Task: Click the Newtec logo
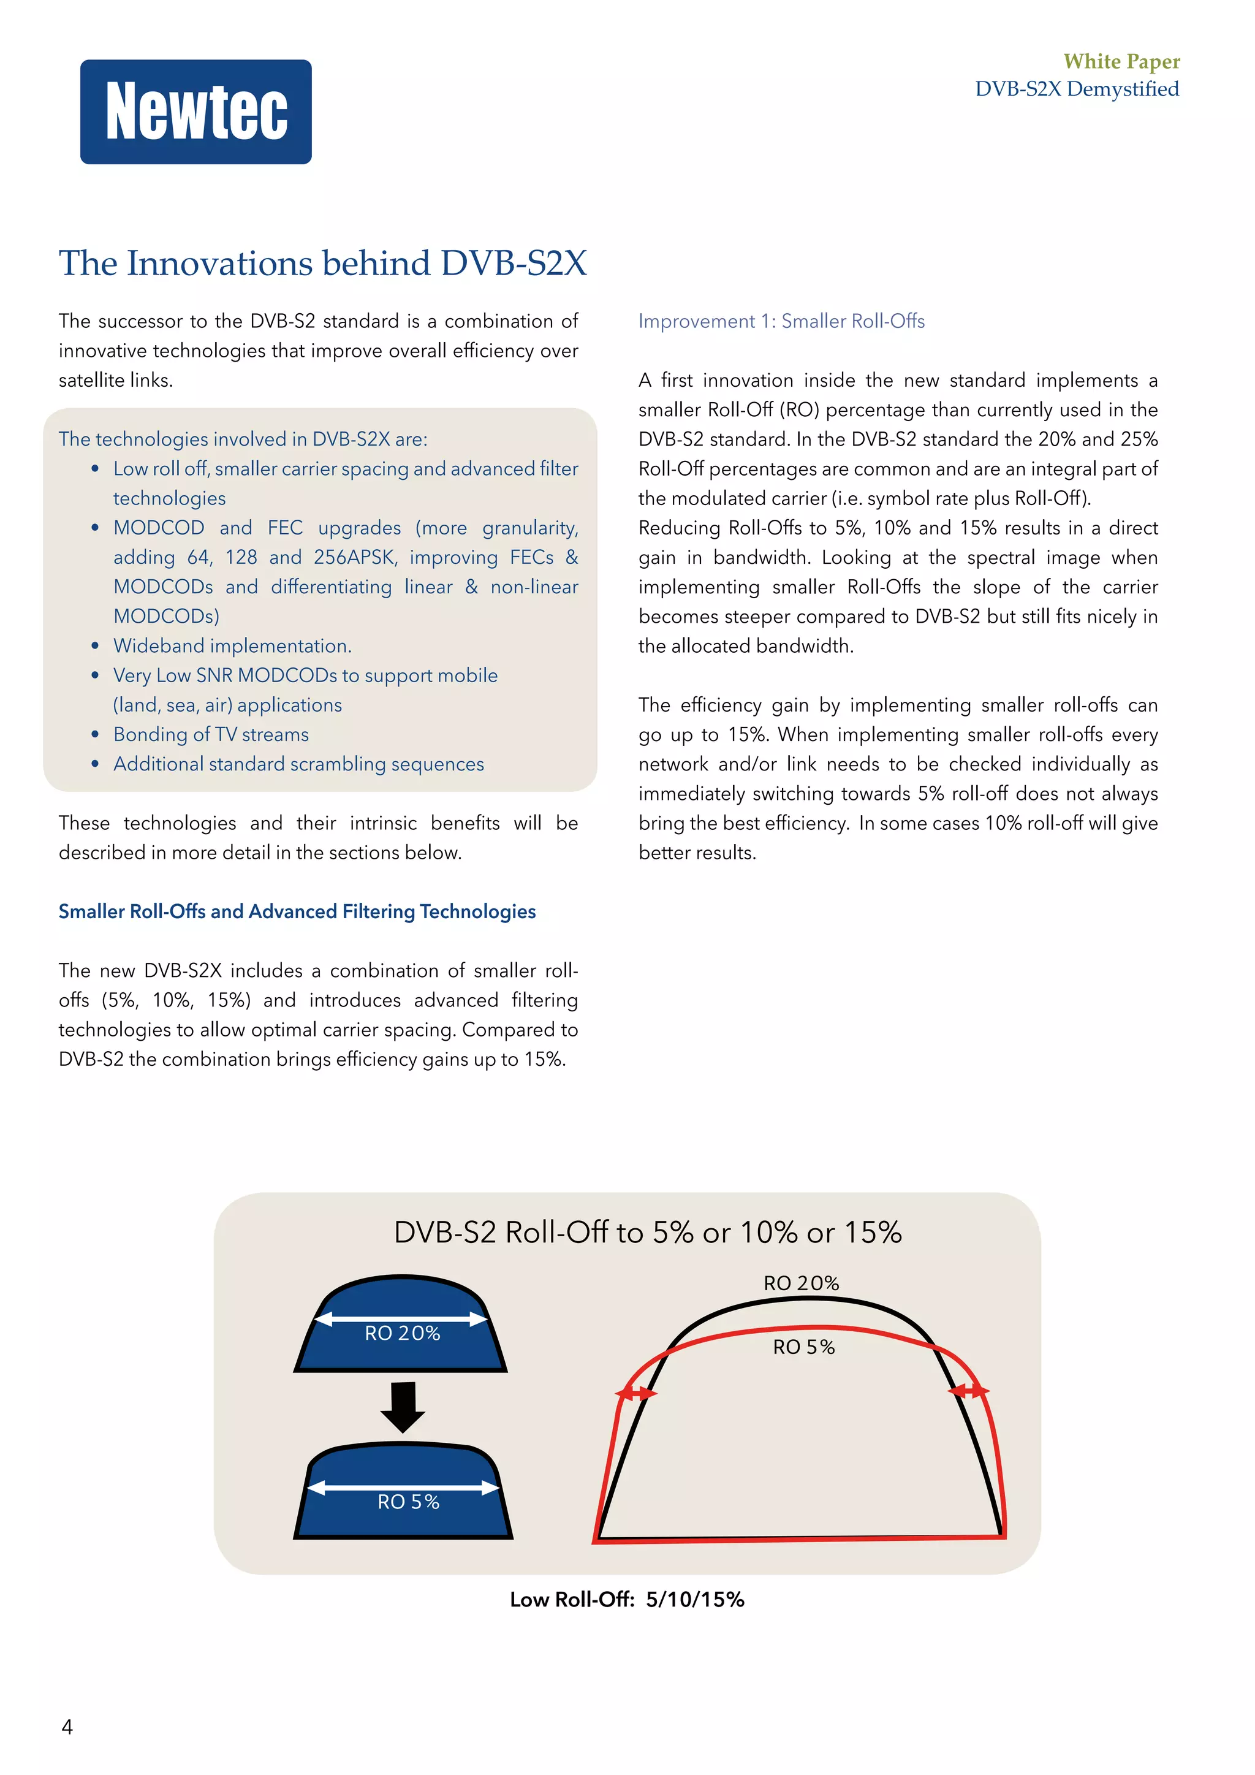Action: point(196,112)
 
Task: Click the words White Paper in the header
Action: point(1121,61)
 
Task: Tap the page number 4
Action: point(67,1727)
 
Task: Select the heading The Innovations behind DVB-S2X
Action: point(322,264)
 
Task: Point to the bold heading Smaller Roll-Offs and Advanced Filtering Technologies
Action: point(297,911)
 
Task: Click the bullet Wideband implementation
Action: point(232,645)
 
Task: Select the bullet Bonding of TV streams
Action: point(211,734)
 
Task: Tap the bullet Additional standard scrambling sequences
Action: point(298,764)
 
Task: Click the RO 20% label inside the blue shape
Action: point(403,1333)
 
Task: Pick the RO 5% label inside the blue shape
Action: point(408,1501)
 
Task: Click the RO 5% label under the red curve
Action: point(804,1347)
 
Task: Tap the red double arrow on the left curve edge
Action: point(635,1393)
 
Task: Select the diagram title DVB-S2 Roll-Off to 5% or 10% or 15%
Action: point(648,1233)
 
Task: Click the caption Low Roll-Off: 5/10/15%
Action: point(627,1600)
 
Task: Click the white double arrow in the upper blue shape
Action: point(402,1318)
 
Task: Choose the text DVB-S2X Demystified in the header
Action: point(1077,89)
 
